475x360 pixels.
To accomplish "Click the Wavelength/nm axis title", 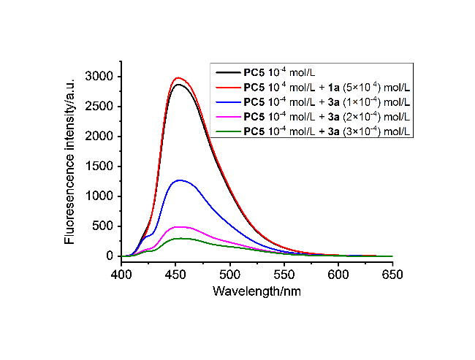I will coord(256,290).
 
